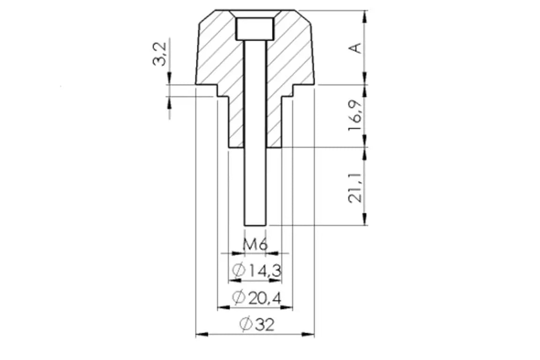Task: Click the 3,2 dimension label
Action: pyautogui.click(x=160, y=54)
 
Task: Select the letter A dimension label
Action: pyautogui.click(x=356, y=48)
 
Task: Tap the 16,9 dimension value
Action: pyautogui.click(x=356, y=115)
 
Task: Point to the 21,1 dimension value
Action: pyautogui.click(x=356, y=188)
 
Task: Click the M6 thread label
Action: pyautogui.click(x=255, y=245)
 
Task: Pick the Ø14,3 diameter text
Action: pyautogui.click(x=257, y=271)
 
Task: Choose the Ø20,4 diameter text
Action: pyautogui.click(x=257, y=297)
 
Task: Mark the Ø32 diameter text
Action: pyautogui.click(x=257, y=324)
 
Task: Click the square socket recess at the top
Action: pyautogui.click(x=255, y=29)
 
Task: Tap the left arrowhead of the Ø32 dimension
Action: pyautogui.click(x=202, y=334)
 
